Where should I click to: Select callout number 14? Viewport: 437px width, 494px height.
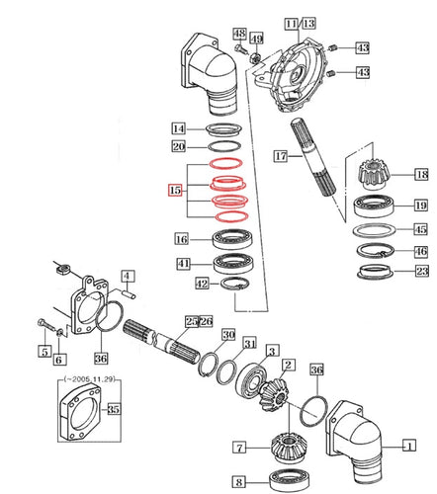(178, 128)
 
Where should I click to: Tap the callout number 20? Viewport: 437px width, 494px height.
(178, 146)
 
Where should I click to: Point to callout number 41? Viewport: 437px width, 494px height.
(182, 263)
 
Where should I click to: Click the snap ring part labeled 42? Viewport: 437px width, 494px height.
(233, 287)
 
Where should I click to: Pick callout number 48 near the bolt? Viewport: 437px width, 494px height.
(239, 35)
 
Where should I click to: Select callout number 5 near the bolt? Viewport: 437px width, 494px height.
(44, 352)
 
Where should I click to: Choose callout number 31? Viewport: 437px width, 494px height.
(249, 344)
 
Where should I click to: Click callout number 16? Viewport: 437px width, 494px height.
(182, 239)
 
